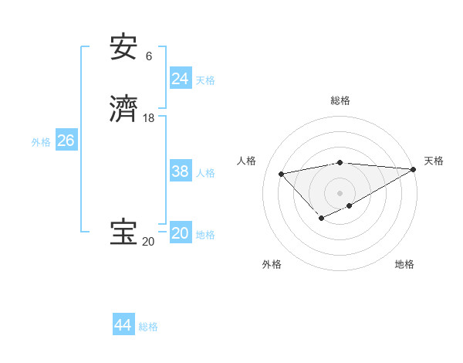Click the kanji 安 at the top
point(123,48)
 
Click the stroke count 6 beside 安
point(148,56)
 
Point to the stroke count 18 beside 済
point(148,117)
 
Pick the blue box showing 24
point(180,79)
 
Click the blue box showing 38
point(180,171)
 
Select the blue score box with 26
point(66,141)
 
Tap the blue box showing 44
point(123,325)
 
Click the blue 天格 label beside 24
point(205,80)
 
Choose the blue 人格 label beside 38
point(205,173)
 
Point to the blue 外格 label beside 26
point(41,142)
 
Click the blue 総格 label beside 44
point(148,327)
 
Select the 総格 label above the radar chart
point(340,100)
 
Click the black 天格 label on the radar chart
point(434,161)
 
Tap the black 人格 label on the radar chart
point(246,161)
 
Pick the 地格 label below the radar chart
point(404,264)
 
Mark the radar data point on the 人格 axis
point(281,173)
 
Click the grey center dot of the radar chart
point(340,192)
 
